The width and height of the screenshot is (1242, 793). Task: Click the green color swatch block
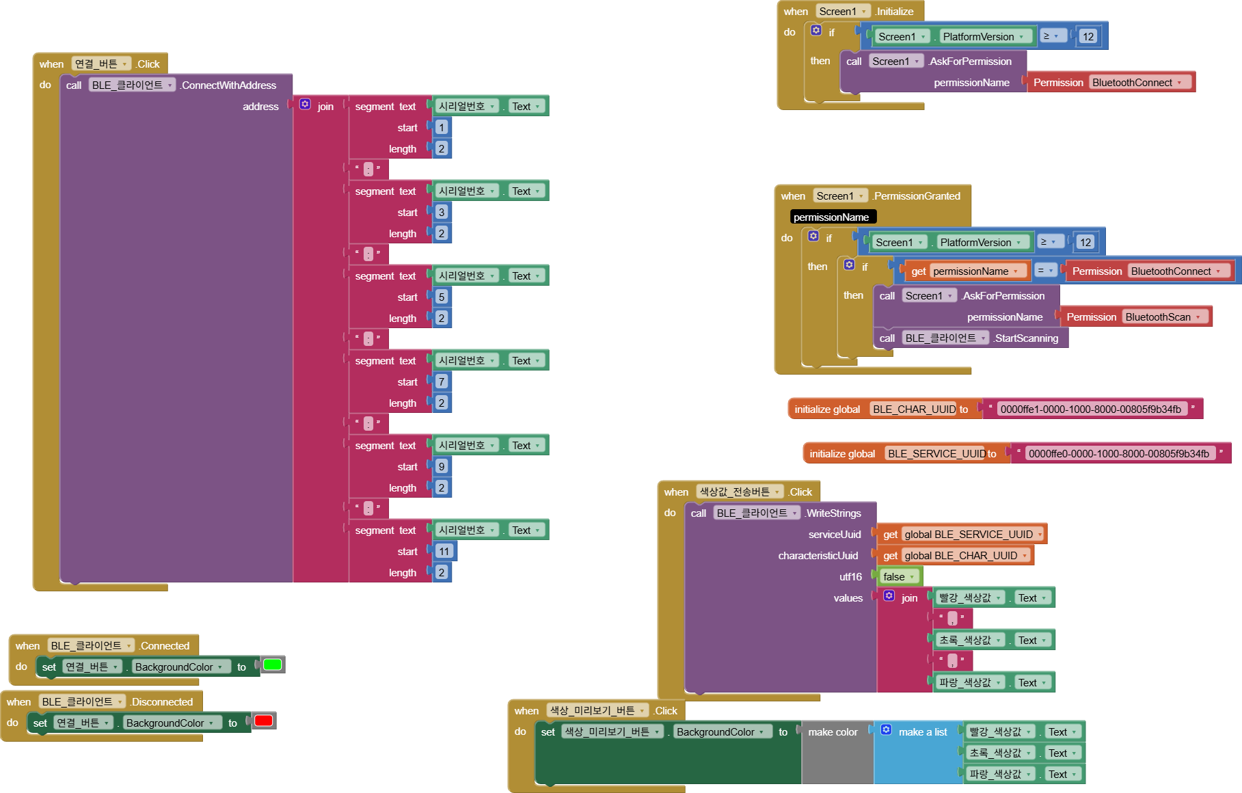(273, 664)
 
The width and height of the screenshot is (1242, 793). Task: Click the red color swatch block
(264, 721)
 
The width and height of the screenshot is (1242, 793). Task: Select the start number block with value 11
(444, 551)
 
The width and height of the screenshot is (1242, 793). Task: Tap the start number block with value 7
(442, 381)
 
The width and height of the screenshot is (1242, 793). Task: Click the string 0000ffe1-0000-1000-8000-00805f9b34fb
(1090, 409)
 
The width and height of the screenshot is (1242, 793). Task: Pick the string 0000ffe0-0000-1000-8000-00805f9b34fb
(1118, 453)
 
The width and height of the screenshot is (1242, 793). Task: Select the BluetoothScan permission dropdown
(1163, 317)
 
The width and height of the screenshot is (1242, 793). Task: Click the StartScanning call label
(1026, 338)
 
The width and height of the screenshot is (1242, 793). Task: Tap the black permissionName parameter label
(831, 217)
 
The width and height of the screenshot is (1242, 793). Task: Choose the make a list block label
(922, 731)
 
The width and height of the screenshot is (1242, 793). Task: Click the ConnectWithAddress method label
(228, 85)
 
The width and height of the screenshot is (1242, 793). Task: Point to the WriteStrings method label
(833, 513)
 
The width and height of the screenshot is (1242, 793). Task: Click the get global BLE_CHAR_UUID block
(955, 555)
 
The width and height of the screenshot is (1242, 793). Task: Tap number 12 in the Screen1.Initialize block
(1088, 36)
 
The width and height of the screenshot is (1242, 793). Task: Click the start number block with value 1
(442, 127)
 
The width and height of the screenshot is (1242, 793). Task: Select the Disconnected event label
(162, 701)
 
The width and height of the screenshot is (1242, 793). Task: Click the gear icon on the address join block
(305, 104)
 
